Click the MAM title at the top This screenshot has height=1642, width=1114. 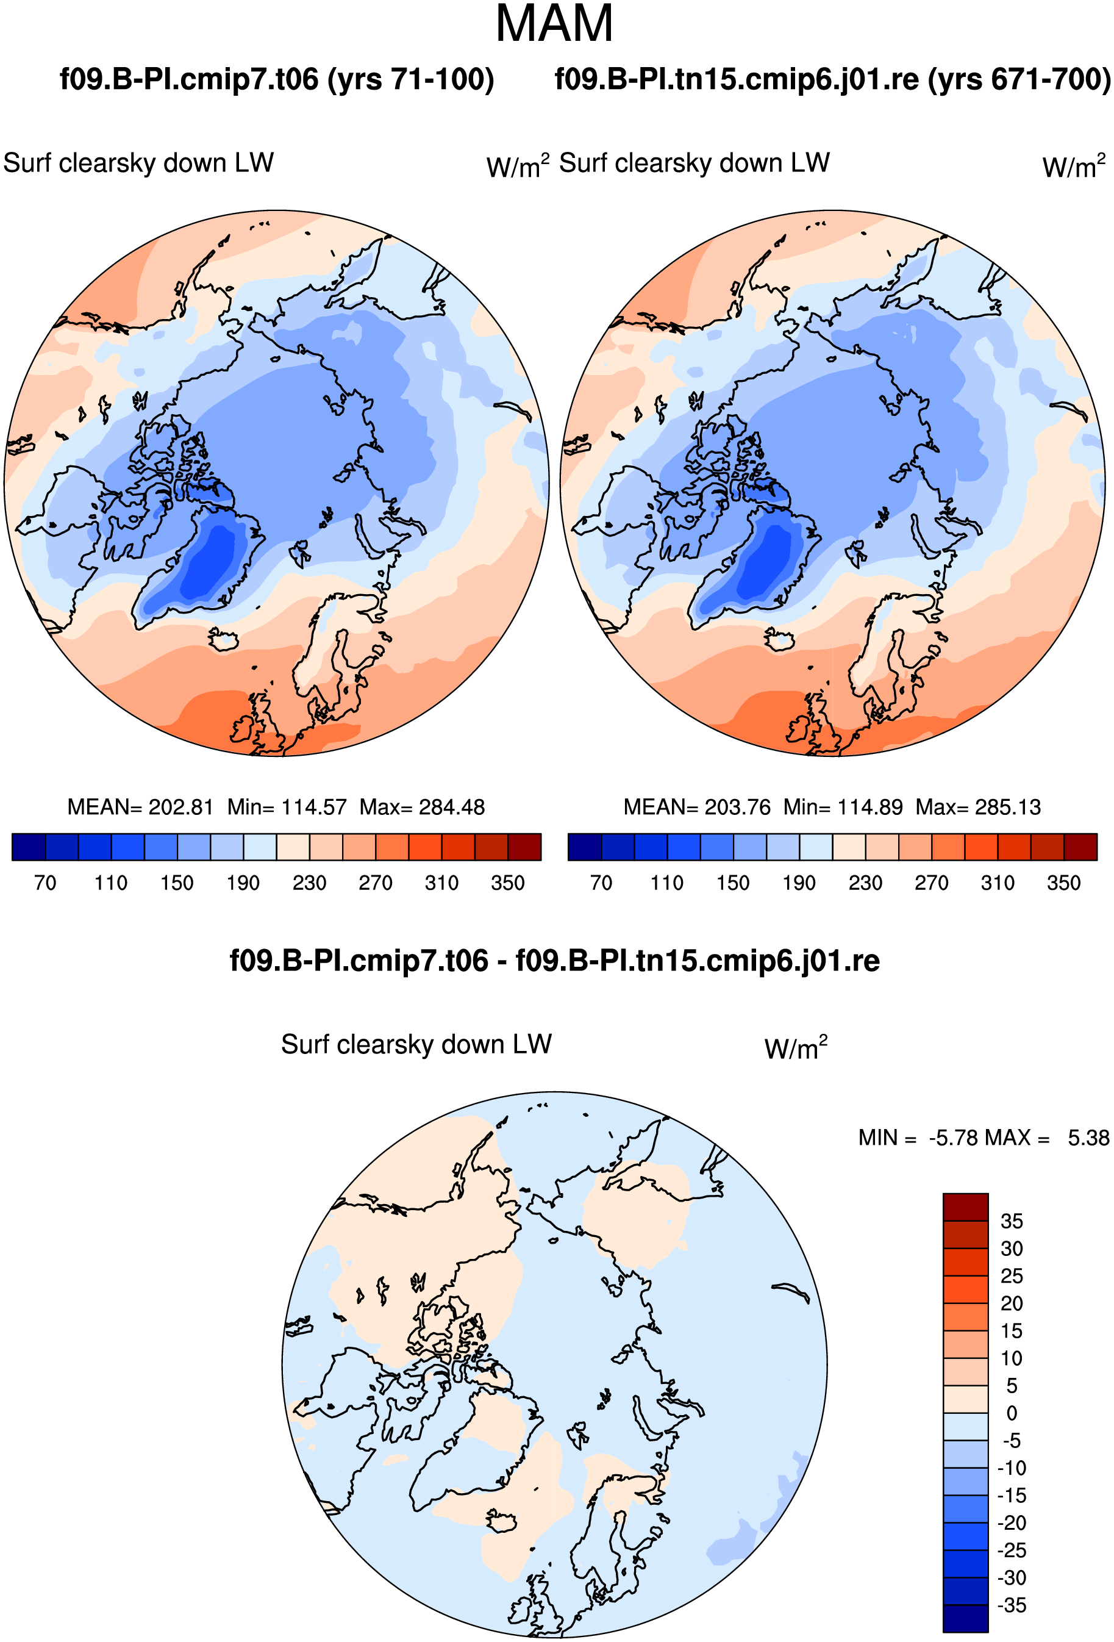pyautogui.click(x=554, y=24)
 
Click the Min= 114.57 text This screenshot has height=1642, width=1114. pyautogui.click(x=287, y=807)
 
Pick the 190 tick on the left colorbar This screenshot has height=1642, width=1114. pyautogui.click(x=243, y=883)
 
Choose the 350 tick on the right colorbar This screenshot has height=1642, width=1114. pyautogui.click(x=1064, y=883)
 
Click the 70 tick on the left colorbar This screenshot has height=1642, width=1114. pyautogui.click(x=45, y=883)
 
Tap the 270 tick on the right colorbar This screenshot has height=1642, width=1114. pyautogui.click(x=932, y=883)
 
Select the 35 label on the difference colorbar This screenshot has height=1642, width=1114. pyautogui.click(x=1012, y=1221)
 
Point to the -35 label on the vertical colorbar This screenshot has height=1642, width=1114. pyautogui.click(x=1012, y=1605)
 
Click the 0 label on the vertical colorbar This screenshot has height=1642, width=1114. pyautogui.click(x=1012, y=1413)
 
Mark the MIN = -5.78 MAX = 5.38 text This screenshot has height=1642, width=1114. pyautogui.click(x=984, y=1138)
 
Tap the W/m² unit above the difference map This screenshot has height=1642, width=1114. pyautogui.click(x=796, y=1048)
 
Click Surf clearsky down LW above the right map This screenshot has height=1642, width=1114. pyautogui.click(x=694, y=163)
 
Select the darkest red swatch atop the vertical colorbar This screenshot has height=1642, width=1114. pyautogui.click(x=965, y=1206)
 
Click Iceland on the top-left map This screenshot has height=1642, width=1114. pyautogui.click(x=224, y=640)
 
